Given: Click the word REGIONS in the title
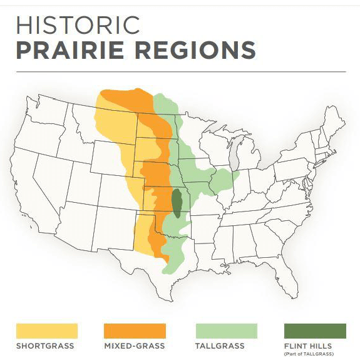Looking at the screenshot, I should coord(201,50).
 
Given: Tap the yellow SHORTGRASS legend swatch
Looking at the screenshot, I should coord(46,330).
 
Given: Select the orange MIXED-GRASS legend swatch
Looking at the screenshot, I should coord(135,330).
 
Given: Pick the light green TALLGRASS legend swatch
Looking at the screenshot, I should coord(226,330).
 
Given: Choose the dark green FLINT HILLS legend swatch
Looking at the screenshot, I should coord(315,330).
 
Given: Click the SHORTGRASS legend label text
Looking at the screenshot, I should coord(45,346).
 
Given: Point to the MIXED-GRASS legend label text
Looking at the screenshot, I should coord(135,346).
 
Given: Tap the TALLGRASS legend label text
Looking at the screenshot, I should coord(220,346).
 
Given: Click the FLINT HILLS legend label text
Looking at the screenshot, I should coord(308,346).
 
